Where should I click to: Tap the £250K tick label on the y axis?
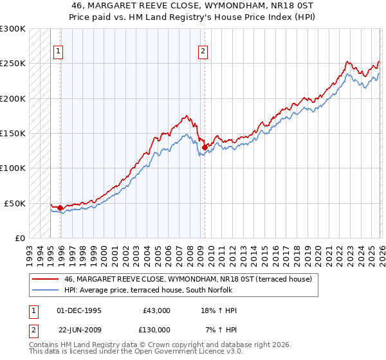click(x=12, y=64)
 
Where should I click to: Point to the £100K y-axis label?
click(x=12, y=168)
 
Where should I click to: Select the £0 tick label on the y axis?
click(x=19, y=238)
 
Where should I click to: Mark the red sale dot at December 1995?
click(x=60, y=208)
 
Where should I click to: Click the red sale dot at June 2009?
click(x=205, y=147)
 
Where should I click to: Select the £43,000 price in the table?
click(x=156, y=310)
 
